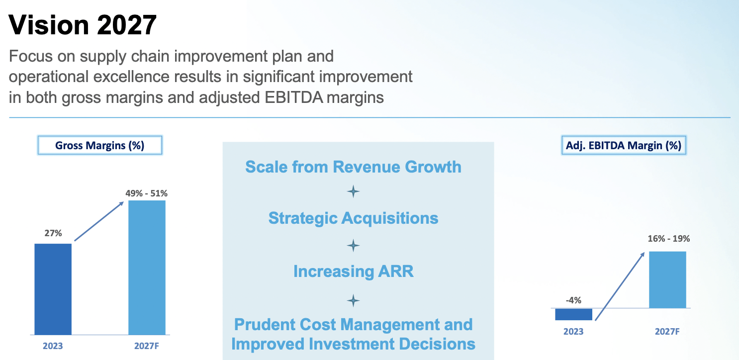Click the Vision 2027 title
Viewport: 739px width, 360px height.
coord(82,25)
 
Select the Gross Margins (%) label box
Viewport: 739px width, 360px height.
coord(99,145)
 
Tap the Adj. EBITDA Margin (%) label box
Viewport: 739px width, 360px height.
coord(624,145)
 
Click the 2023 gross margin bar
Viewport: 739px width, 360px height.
coord(53,289)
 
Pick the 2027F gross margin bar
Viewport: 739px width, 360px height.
coord(147,268)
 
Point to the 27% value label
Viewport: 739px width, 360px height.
coord(53,233)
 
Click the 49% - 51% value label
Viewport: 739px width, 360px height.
coord(147,193)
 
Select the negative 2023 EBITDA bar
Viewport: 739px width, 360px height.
coord(574,314)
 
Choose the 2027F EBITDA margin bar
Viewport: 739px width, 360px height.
coord(667,280)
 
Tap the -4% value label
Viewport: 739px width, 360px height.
coord(573,300)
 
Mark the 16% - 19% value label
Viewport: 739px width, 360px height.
coord(669,239)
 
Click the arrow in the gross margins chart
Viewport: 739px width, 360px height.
coord(99,221)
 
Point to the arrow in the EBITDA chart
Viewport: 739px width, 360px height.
coord(620,286)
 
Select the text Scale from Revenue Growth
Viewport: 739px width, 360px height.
coord(353,167)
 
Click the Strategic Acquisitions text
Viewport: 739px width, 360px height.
coord(353,218)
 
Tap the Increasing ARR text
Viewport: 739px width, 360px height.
coord(353,271)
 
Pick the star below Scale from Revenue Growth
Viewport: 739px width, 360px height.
coord(353,191)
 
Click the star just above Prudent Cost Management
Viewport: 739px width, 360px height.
coord(353,301)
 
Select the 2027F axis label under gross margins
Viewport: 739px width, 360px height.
coord(147,346)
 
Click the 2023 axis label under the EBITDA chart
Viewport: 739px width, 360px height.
coord(573,331)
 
